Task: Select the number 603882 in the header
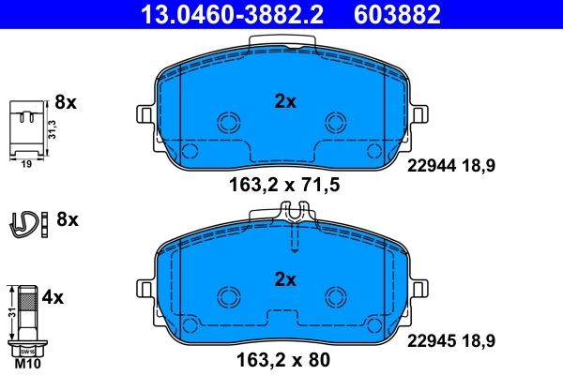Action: click(395, 13)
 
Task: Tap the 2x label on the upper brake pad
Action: click(284, 102)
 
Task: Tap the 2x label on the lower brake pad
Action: click(284, 278)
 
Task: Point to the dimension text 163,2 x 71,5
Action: click(284, 185)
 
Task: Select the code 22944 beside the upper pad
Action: click(429, 165)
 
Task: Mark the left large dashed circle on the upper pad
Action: click(229, 122)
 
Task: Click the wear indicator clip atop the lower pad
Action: click(294, 217)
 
